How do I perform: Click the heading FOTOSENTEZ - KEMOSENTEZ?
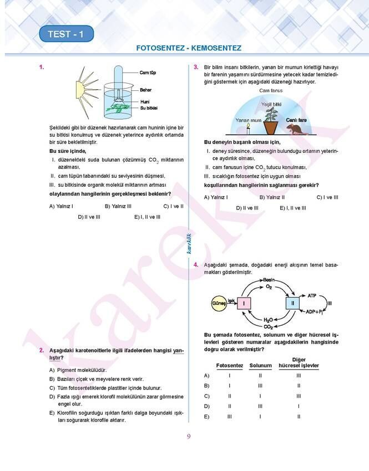tap(189, 48)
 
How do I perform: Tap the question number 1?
tap(42, 68)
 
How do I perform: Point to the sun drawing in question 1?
tap(87, 88)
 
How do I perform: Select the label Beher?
tap(146, 90)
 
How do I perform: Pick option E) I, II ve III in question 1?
tap(147, 217)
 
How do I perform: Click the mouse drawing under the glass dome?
tap(297, 129)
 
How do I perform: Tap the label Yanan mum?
tap(248, 120)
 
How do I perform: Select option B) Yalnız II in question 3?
tap(272, 197)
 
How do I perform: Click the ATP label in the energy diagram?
tap(311, 296)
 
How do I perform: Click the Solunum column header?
tap(260, 366)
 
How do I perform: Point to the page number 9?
tap(189, 436)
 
